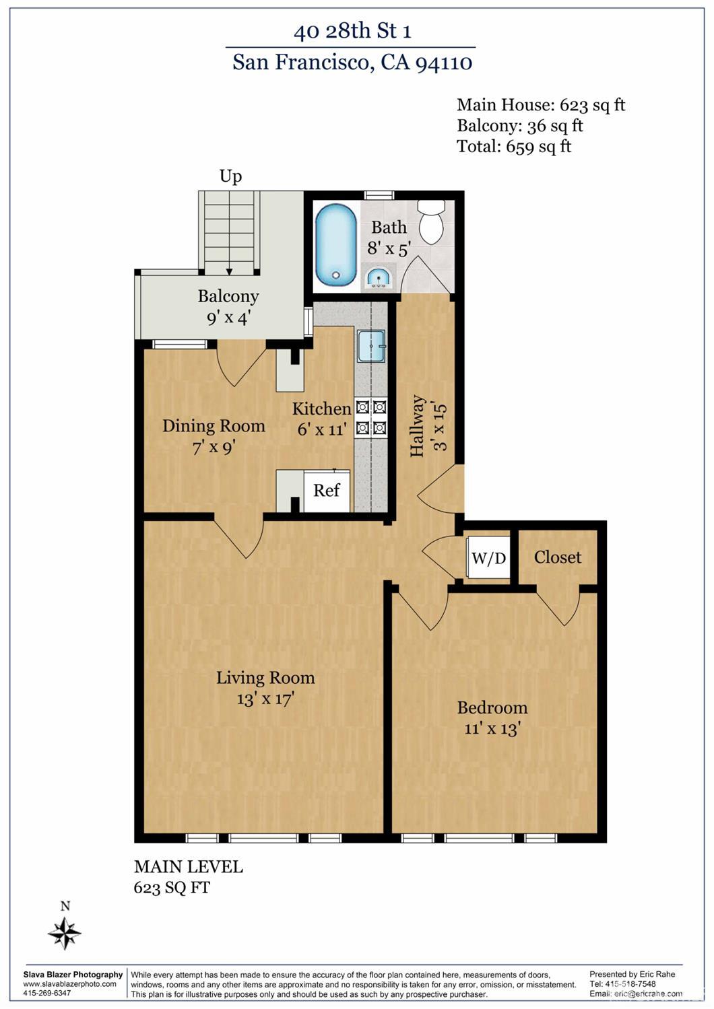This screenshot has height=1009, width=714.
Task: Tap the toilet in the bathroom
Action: point(431,221)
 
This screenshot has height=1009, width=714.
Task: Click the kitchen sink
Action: point(372,345)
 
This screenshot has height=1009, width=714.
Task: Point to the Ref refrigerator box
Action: point(327,491)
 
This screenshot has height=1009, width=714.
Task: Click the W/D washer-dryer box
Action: point(488,557)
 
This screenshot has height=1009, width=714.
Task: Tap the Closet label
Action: point(558,557)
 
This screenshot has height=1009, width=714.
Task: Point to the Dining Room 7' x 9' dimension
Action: point(214,448)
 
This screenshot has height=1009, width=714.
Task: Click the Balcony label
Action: point(228,296)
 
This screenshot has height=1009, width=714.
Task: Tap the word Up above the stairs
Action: point(231,176)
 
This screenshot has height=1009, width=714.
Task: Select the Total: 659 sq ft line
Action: point(515,146)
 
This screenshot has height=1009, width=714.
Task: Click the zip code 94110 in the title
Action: point(444,63)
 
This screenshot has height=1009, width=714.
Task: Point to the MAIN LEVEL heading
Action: point(189,867)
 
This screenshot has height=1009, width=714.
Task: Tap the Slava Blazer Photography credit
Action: point(73,974)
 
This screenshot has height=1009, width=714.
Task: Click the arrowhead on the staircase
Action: point(230,272)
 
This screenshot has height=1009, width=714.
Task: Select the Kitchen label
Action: point(321,409)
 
